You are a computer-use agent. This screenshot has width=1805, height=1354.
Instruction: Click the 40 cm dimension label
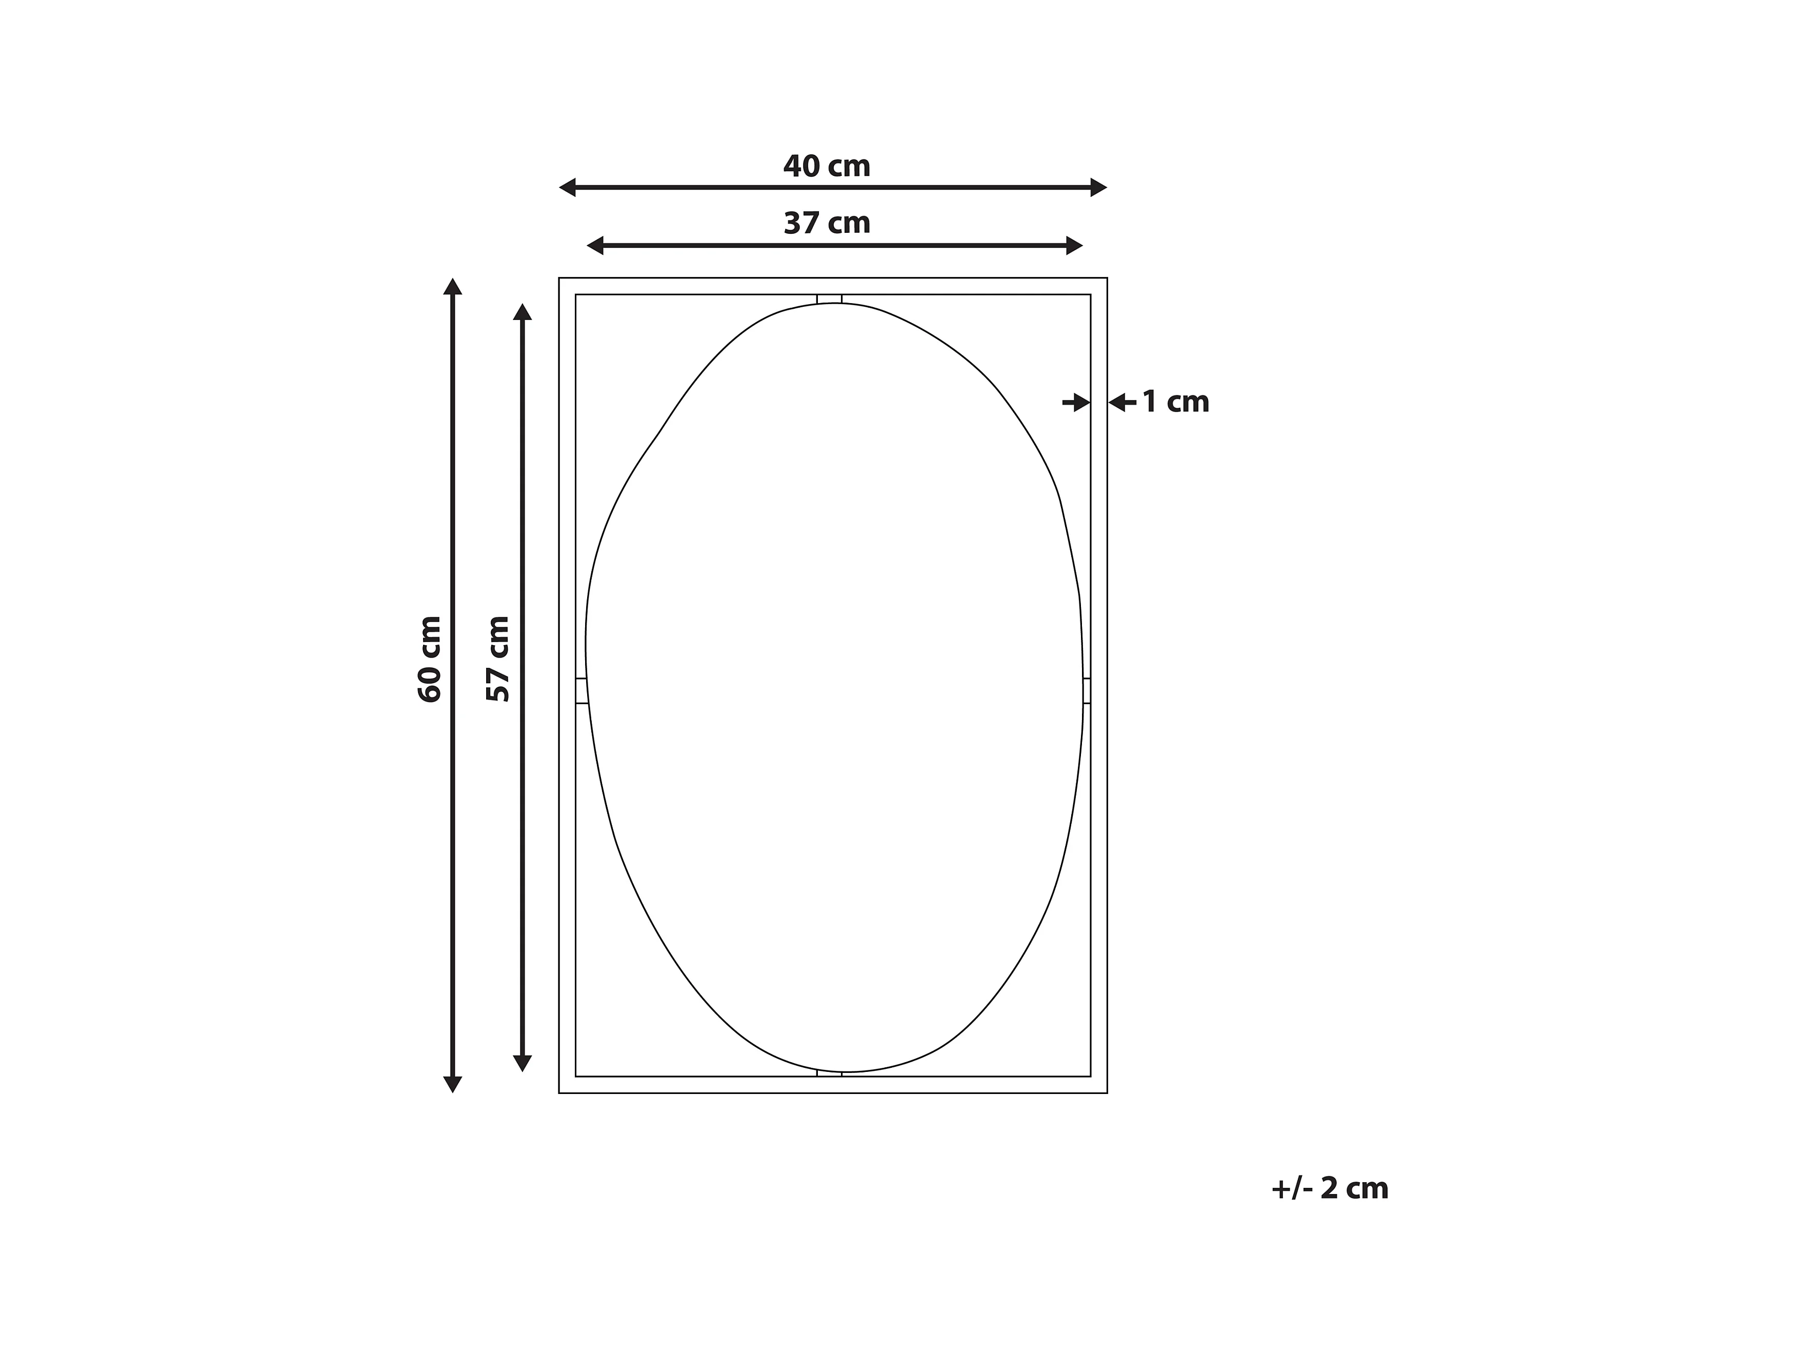(x=827, y=167)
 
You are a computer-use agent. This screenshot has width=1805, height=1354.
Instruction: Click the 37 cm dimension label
(x=827, y=223)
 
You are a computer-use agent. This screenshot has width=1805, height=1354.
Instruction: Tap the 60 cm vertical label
(x=429, y=659)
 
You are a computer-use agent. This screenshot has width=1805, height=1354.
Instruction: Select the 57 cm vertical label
(x=498, y=659)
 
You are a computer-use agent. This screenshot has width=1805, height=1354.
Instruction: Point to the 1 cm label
(x=1175, y=402)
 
